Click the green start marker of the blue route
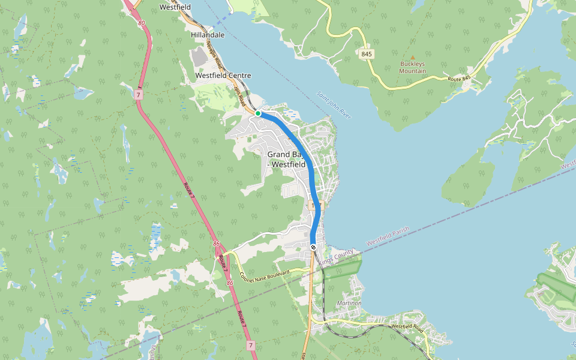tap(257, 113)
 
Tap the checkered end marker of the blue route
tap(314, 247)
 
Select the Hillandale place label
tap(208, 35)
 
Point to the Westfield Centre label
tap(223, 76)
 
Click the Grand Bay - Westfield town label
tap(287, 160)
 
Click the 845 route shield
tap(367, 54)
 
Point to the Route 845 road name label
tap(460, 79)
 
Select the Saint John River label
tap(334, 104)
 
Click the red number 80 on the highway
tap(142, 23)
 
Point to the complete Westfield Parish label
tap(388, 236)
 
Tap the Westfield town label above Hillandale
tap(175, 7)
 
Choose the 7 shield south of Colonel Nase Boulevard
tap(250, 346)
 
